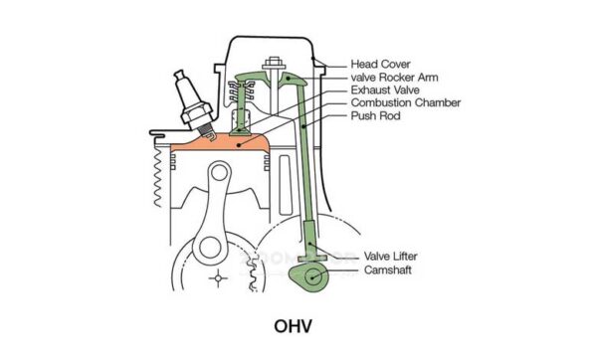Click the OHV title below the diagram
(298, 325)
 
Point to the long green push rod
(303, 169)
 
